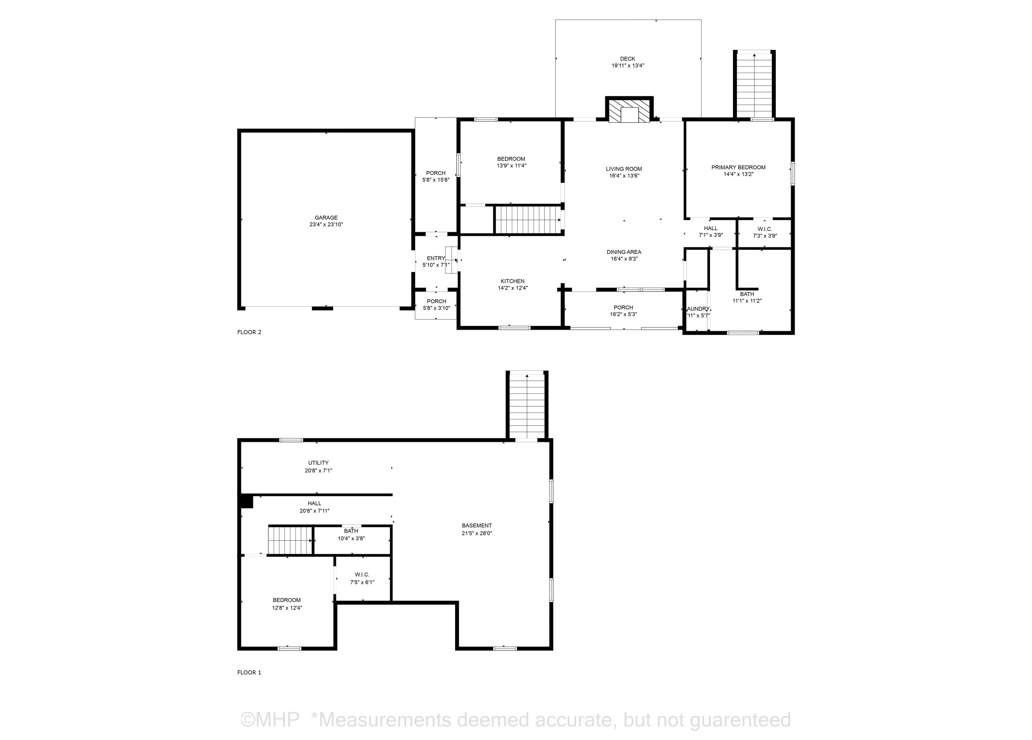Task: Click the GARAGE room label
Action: pyautogui.click(x=326, y=217)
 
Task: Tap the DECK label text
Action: pyautogui.click(x=627, y=59)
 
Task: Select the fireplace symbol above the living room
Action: pyautogui.click(x=629, y=110)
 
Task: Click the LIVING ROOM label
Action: pyautogui.click(x=624, y=169)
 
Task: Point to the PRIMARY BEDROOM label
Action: pyautogui.click(x=739, y=168)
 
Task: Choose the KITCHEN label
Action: pyautogui.click(x=512, y=281)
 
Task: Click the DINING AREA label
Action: pyautogui.click(x=624, y=252)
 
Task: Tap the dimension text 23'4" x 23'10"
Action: pyautogui.click(x=326, y=224)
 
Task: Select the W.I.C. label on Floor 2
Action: pyautogui.click(x=765, y=229)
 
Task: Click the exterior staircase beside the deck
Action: pyautogui.click(x=754, y=85)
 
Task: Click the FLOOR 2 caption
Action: pyautogui.click(x=249, y=332)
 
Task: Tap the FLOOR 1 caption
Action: pyautogui.click(x=249, y=672)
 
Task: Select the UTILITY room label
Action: pyautogui.click(x=318, y=463)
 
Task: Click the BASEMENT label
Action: pyautogui.click(x=477, y=526)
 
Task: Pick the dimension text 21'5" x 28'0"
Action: pyautogui.click(x=477, y=533)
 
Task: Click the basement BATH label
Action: pyautogui.click(x=351, y=531)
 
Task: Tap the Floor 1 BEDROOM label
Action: pyautogui.click(x=287, y=600)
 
